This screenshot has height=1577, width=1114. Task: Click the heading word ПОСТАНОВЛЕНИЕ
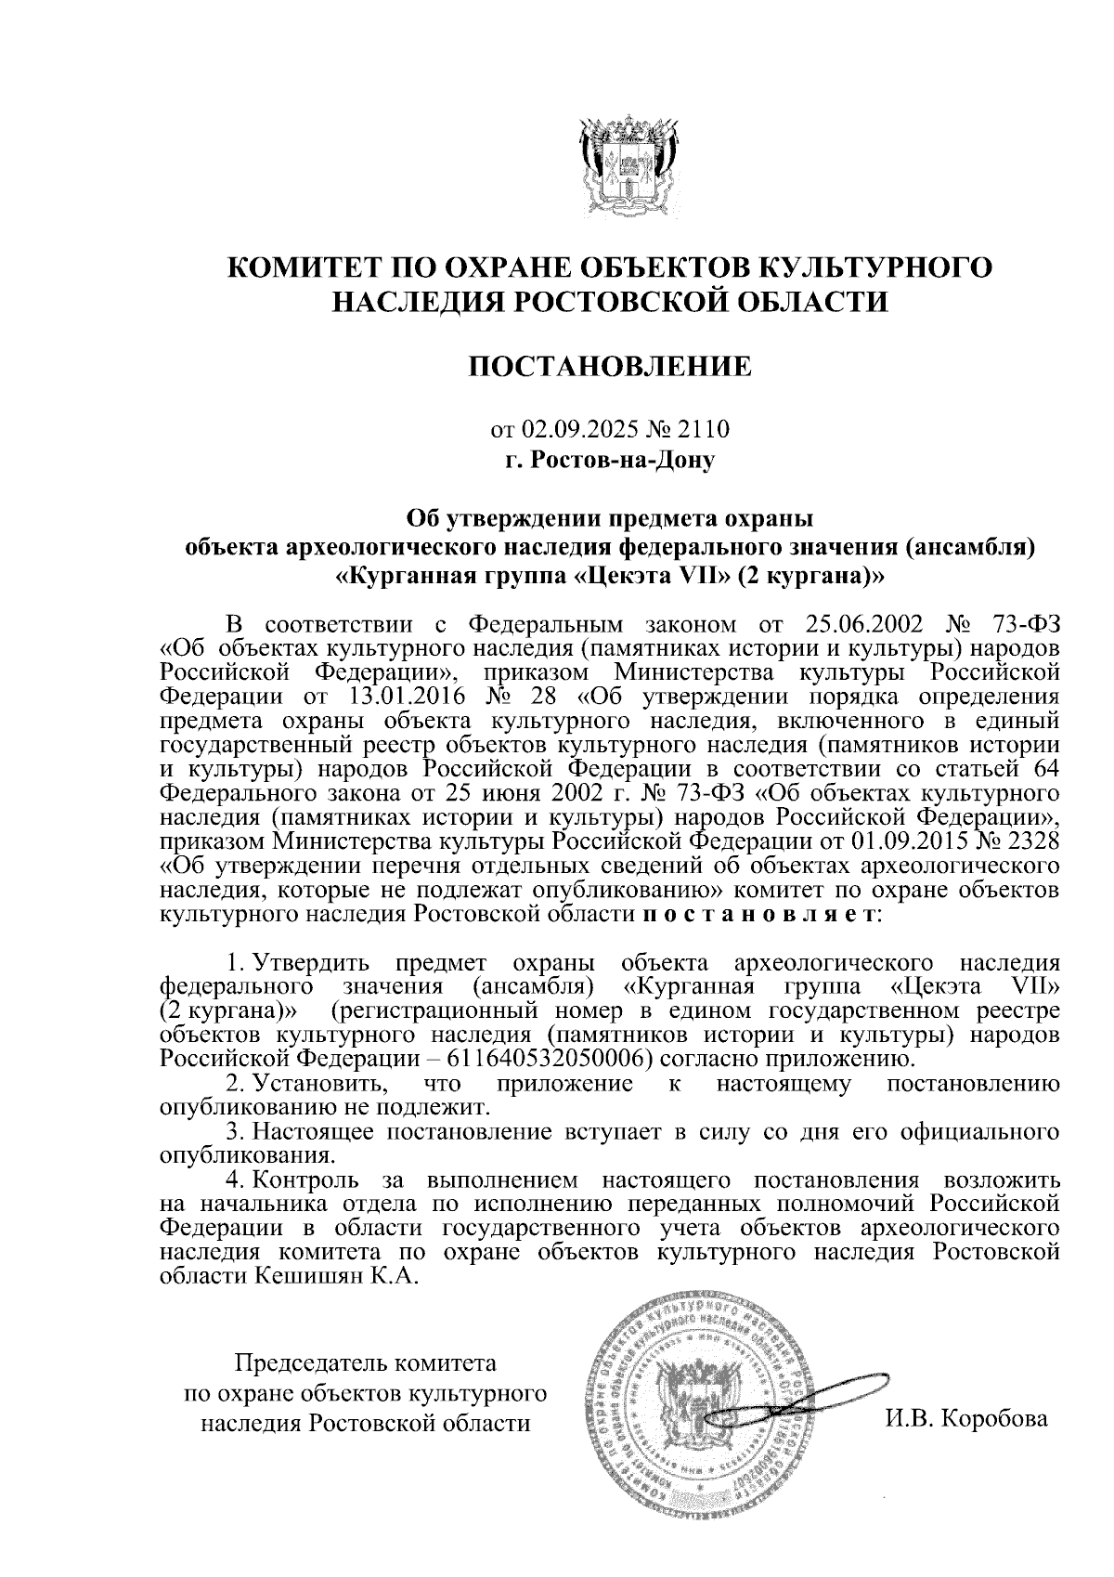[x=610, y=367]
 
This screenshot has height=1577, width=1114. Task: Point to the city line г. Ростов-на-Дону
[x=610, y=459]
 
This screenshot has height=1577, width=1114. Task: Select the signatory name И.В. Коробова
[x=966, y=1418]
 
